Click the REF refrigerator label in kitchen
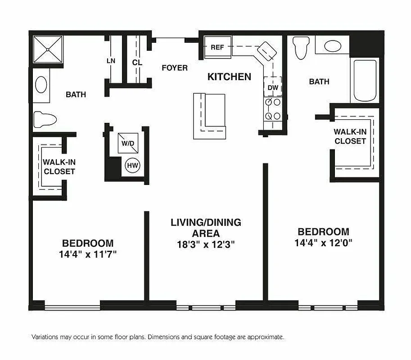point(217,47)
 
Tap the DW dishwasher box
point(273,87)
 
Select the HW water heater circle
point(132,166)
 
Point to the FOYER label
point(175,68)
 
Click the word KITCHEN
point(229,77)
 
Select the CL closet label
point(137,63)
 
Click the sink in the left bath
point(41,85)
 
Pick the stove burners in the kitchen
point(273,109)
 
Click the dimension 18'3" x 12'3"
point(206,245)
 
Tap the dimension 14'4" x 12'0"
point(323,243)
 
